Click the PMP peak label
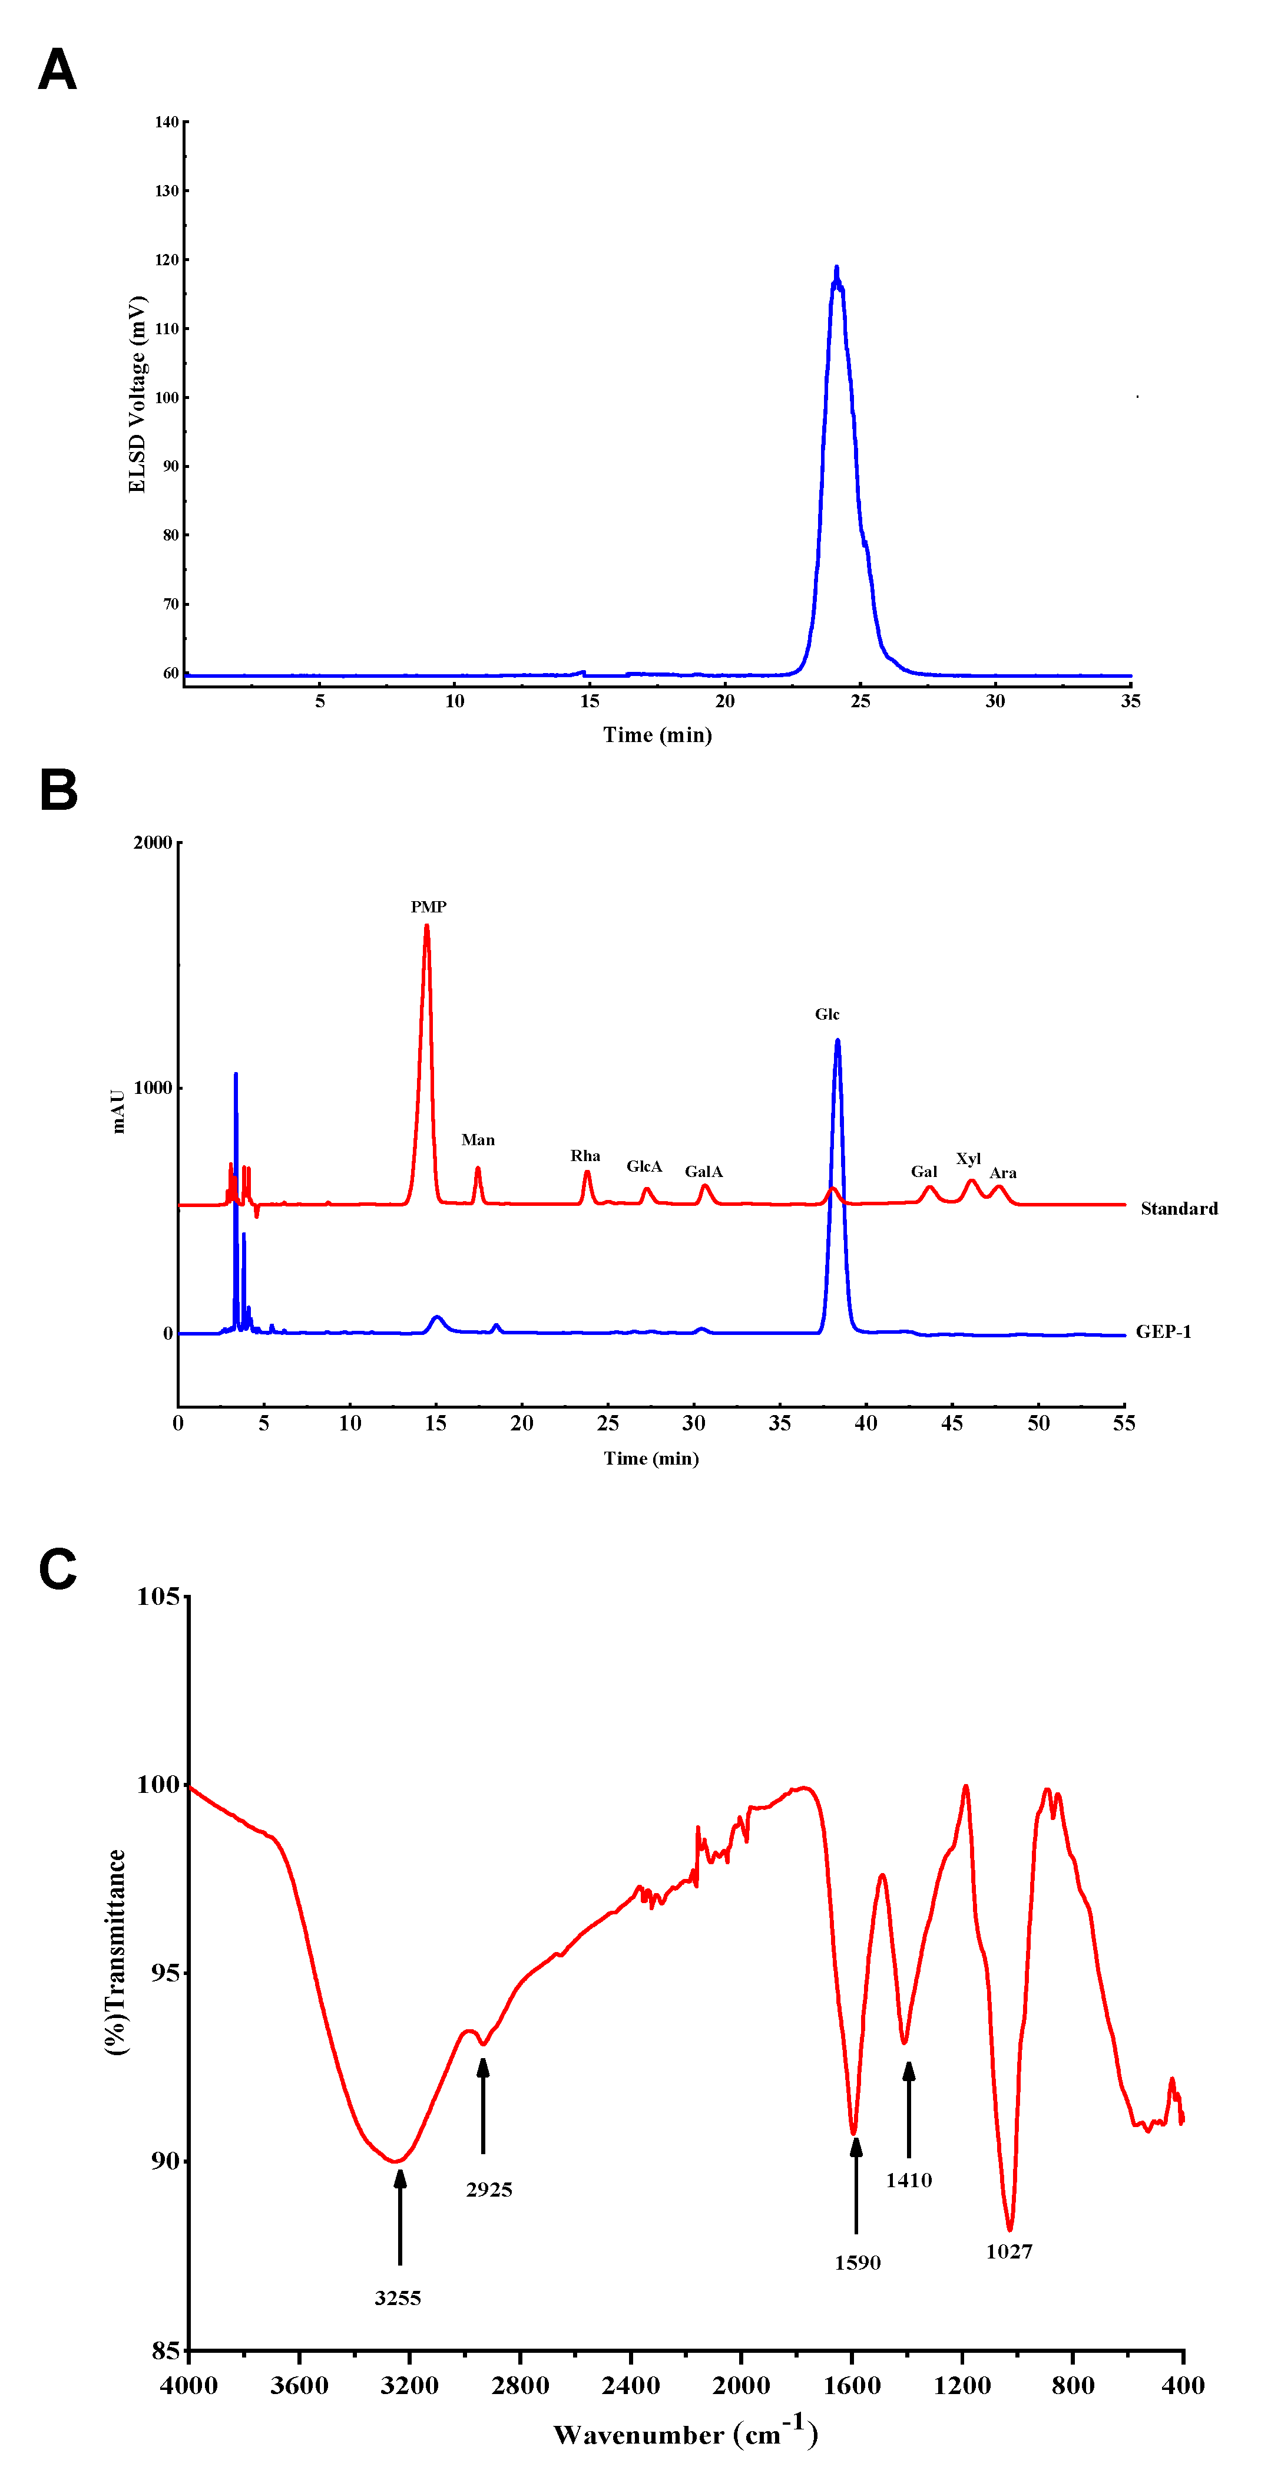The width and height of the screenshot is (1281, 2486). coord(428,906)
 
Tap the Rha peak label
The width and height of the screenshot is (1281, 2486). coord(585,1155)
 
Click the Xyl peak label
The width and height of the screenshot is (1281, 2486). coord(968,1158)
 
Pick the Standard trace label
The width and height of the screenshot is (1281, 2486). coord(1179,1208)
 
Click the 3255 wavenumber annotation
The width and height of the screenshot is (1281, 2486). coord(398,2298)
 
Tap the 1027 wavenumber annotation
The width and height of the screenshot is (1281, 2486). coord(1009,2251)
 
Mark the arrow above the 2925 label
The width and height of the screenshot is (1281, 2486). coord(484,2104)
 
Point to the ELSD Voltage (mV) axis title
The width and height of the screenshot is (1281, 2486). coord(137,394)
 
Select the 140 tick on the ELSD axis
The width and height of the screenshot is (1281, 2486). coord(167,121)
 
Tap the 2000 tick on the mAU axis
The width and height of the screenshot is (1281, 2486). coord(153,842)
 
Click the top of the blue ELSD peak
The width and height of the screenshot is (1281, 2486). coord(836,268)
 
